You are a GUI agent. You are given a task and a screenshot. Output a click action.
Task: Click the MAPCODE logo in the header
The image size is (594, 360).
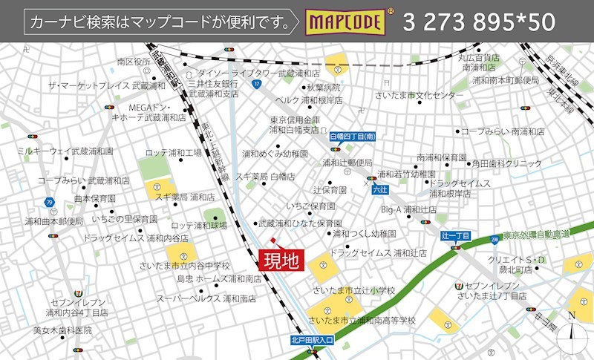pyautogui.click(x=347, y=22)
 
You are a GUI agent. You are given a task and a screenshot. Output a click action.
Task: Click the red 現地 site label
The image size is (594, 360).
pyautogui.click(x=281, y=261)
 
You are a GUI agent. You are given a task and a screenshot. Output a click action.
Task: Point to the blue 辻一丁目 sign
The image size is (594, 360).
pyautogui.click(x=456, y=235)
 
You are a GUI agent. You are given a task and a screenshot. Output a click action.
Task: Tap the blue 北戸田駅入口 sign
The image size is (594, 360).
pyautogui.click(x=313, y=340)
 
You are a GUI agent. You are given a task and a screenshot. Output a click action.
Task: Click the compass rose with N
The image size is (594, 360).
pyautogui.click(x=571, y=331)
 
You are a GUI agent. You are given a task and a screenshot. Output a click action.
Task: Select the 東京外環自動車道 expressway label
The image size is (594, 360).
pyautogui.click(x=535, y=235)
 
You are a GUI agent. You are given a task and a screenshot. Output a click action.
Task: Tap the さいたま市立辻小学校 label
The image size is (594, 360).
pyautogui.click(x=354, y=289)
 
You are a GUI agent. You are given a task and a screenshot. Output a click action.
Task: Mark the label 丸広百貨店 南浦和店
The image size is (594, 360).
pyautogui.click(x=479, y=62)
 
